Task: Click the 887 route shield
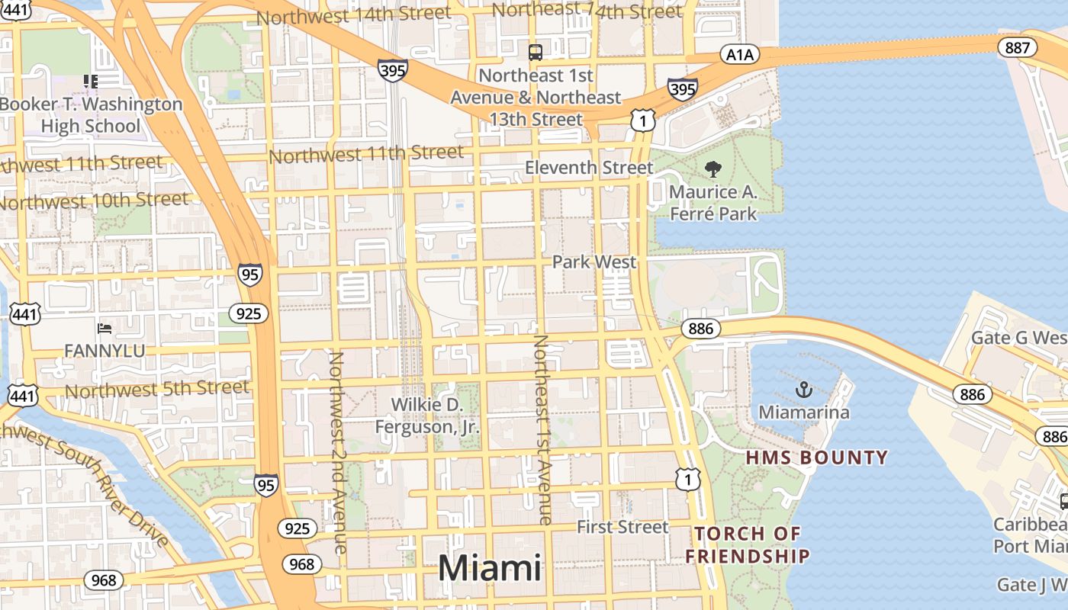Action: [1017, 48]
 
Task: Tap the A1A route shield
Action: [739, 54]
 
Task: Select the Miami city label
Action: [489, 569]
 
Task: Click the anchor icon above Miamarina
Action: [803, 390]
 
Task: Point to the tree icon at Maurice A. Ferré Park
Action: [713, 169]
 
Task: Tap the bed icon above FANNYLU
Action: [105, 329]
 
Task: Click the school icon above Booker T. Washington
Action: [91, 81]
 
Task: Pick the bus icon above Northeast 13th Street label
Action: [536, 53]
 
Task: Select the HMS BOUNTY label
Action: [816, 457]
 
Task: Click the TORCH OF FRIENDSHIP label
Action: [747, 544]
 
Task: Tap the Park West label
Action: [594, 262]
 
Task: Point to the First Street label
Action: [622, 527]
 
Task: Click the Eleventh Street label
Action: [589, 168]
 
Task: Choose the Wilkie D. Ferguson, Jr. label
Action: [427, 416]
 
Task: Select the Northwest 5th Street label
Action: [157, 390]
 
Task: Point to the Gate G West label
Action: [1019, 338]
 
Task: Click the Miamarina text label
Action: [803, 413]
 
